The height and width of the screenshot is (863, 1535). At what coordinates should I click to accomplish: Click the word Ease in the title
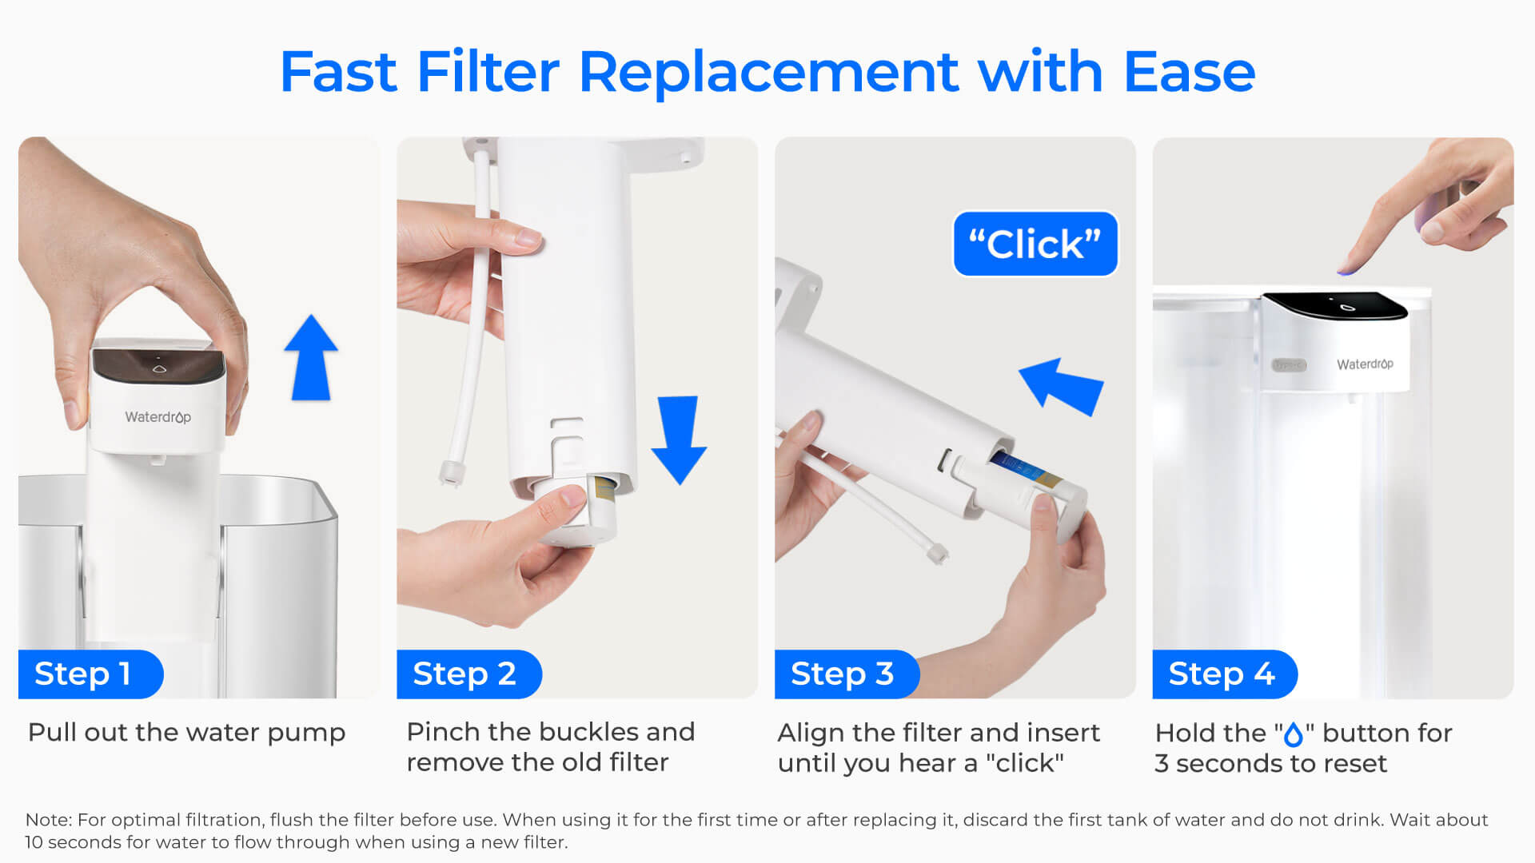coord(1189,72)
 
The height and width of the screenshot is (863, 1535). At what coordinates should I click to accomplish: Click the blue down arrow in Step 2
coord(679,439)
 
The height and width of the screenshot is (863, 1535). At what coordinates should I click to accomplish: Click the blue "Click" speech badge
coord(1035,244)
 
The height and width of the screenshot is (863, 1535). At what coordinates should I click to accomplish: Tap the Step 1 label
coord(83,674)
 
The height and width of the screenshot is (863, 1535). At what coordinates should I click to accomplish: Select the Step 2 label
coord(464,674)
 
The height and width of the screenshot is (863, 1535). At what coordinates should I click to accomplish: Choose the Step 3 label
coord(842,674)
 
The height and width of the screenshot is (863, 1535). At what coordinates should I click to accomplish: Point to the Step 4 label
coord(1221,674)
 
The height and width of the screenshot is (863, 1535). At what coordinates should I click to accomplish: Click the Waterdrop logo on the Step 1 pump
coord(157,417)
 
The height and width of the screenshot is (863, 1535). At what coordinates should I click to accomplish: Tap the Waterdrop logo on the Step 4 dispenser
coord(1364,364)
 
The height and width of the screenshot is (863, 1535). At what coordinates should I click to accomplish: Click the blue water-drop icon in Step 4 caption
coord(1294,734)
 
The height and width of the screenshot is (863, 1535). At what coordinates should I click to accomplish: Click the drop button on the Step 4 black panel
coord(1347,307)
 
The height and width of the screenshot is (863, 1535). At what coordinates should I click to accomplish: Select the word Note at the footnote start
coord(48,820)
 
